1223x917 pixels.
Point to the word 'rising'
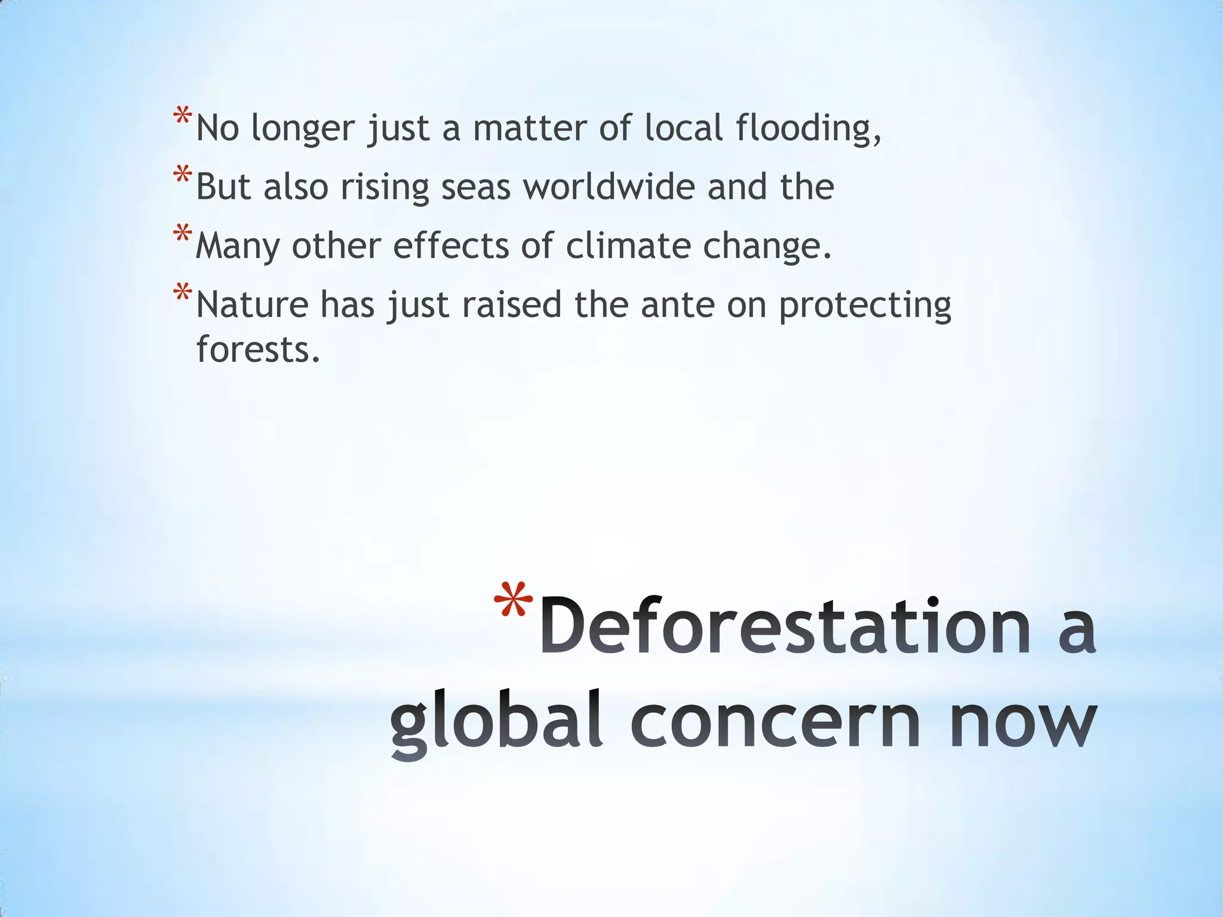pos(385,187)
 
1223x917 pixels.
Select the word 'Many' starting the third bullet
pos(237,246)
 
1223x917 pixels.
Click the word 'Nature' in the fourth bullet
pos(252,304)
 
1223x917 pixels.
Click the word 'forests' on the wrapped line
pos(258,349)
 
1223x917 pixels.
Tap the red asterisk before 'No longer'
pos(182,115)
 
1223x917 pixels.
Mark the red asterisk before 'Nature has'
pos(182,293)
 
